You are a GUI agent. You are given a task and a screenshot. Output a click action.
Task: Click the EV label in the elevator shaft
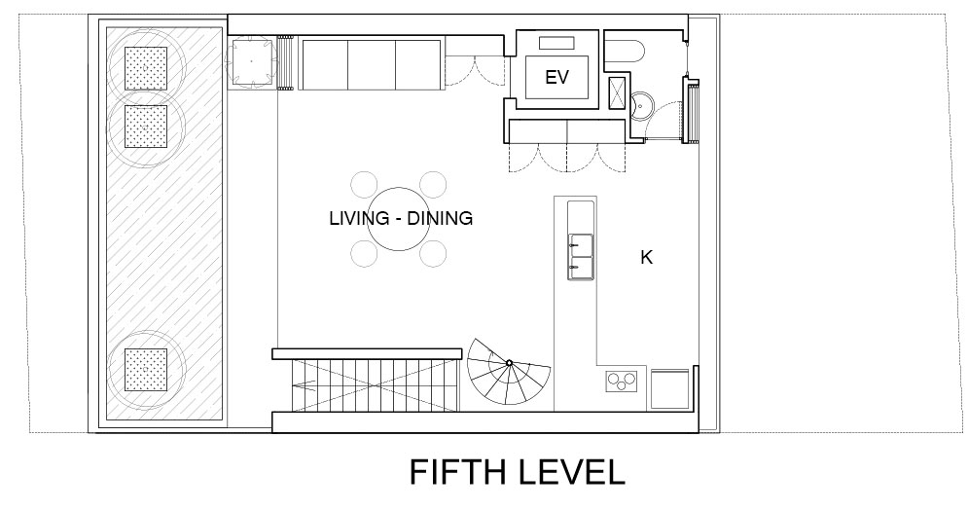pos(556,77)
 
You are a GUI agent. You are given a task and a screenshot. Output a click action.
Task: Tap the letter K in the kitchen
pos(646,258)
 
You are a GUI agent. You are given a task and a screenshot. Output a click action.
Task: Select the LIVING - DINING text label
pos(401,218)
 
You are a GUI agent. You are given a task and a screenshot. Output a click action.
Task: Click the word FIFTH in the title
pos(458,472)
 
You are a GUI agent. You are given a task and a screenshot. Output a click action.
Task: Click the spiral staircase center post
pos(510,362)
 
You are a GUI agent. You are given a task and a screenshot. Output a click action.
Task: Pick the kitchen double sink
pos(580,257)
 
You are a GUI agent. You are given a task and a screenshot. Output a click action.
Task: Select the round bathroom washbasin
pos(641,105)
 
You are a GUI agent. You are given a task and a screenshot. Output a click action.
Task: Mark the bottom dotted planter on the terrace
pos(146,370)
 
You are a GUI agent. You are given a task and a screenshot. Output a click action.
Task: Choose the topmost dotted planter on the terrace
pos(146,68)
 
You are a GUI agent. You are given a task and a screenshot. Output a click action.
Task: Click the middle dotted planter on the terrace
pos(146,127)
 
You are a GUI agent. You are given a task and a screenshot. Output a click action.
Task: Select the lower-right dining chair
pos(433,253)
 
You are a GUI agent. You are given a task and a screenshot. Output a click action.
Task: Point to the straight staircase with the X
pos(376,385)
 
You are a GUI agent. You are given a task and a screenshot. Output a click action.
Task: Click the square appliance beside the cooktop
pos(670,389)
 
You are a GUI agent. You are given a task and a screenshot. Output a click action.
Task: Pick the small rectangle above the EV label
pos(556,43)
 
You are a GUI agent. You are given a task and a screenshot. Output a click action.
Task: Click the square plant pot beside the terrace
pos(251,61)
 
